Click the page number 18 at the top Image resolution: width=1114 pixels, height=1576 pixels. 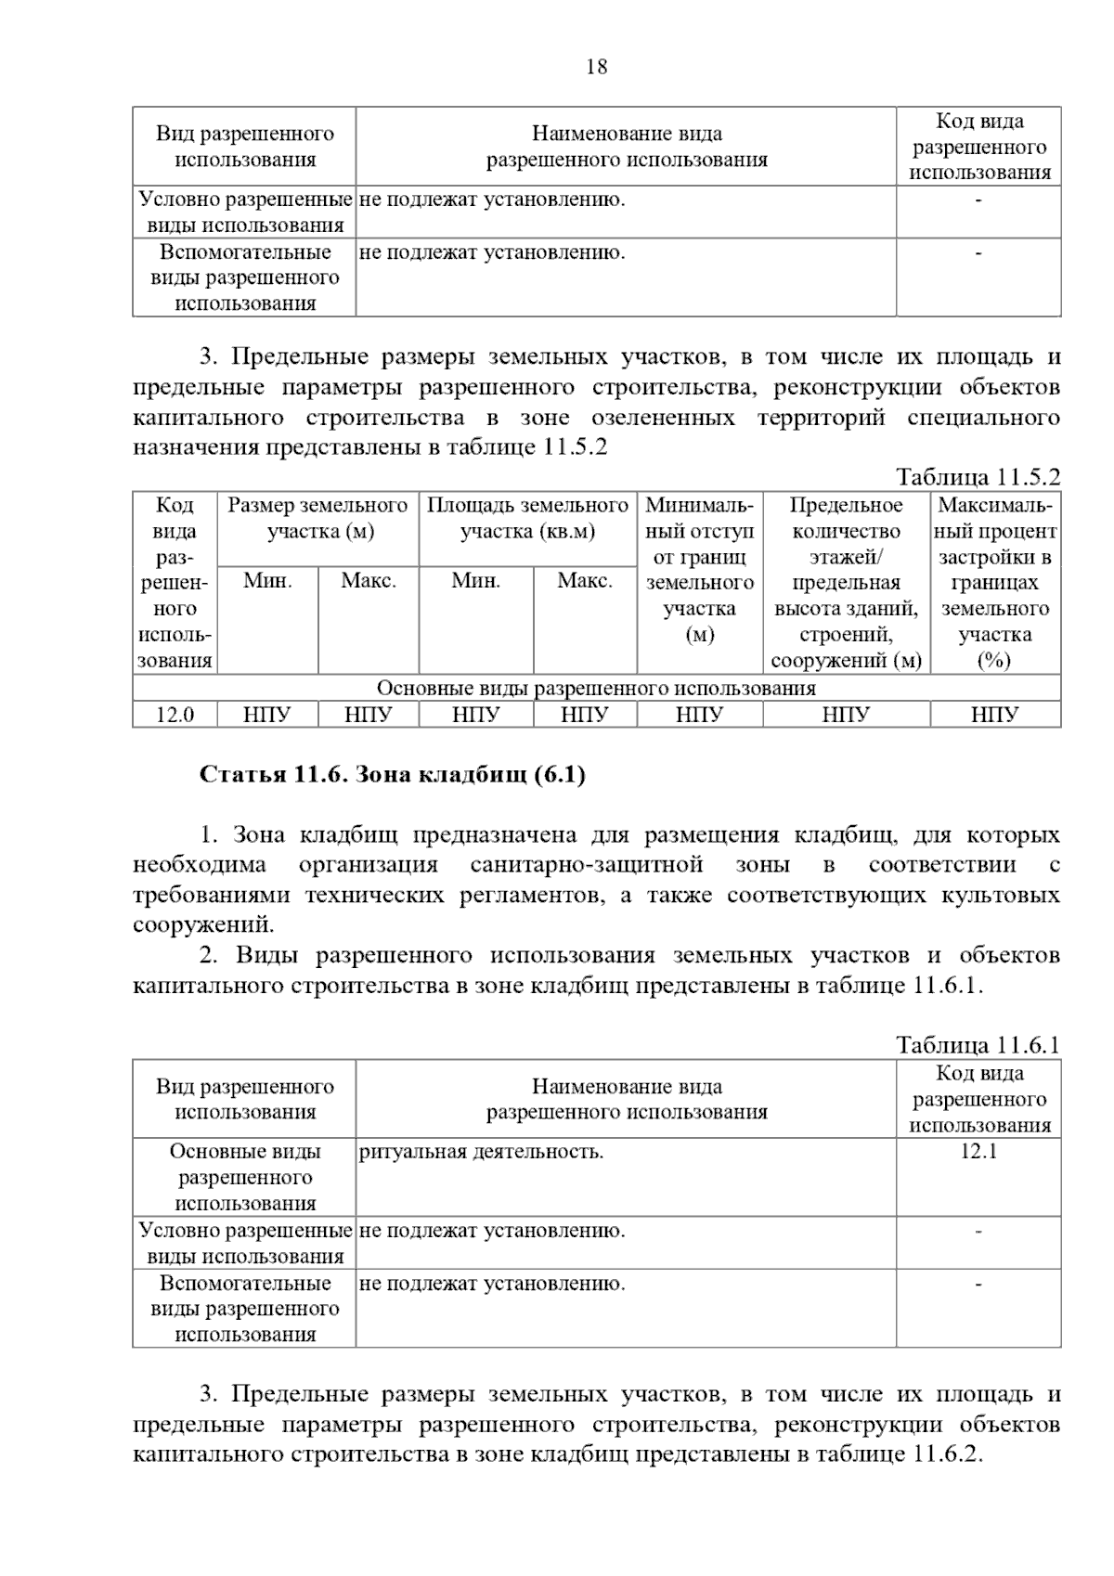click(597, 67)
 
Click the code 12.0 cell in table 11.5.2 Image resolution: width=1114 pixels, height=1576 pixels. click(175, 715)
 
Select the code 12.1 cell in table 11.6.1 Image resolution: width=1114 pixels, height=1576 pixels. click(978, 1152)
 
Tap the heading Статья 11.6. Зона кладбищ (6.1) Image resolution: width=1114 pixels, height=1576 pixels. click(393, 775)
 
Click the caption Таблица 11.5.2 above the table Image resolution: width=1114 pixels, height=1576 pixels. click(978, 477)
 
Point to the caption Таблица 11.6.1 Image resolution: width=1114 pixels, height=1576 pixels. click(978, 1045)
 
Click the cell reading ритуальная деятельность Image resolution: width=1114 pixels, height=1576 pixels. click(481, 1152)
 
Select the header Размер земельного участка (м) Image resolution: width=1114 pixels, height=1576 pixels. click(317, 518)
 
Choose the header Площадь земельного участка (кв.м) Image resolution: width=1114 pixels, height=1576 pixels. click(527, 518)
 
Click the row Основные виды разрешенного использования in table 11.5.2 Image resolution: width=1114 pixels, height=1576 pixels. click(596, 688)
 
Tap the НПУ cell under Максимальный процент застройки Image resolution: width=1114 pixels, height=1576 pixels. click(994, 715)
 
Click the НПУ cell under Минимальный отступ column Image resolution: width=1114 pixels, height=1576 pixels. click(699, 715)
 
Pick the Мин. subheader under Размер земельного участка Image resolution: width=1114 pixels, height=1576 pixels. click(267, 581)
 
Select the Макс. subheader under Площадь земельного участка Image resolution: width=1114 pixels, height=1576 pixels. click(585, 581)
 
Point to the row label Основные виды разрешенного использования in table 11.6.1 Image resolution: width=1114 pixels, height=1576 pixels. click(245, 1177)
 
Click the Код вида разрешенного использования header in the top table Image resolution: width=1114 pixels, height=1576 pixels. click(978, 147)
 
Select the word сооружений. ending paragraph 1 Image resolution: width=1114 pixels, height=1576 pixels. click(204, 924)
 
